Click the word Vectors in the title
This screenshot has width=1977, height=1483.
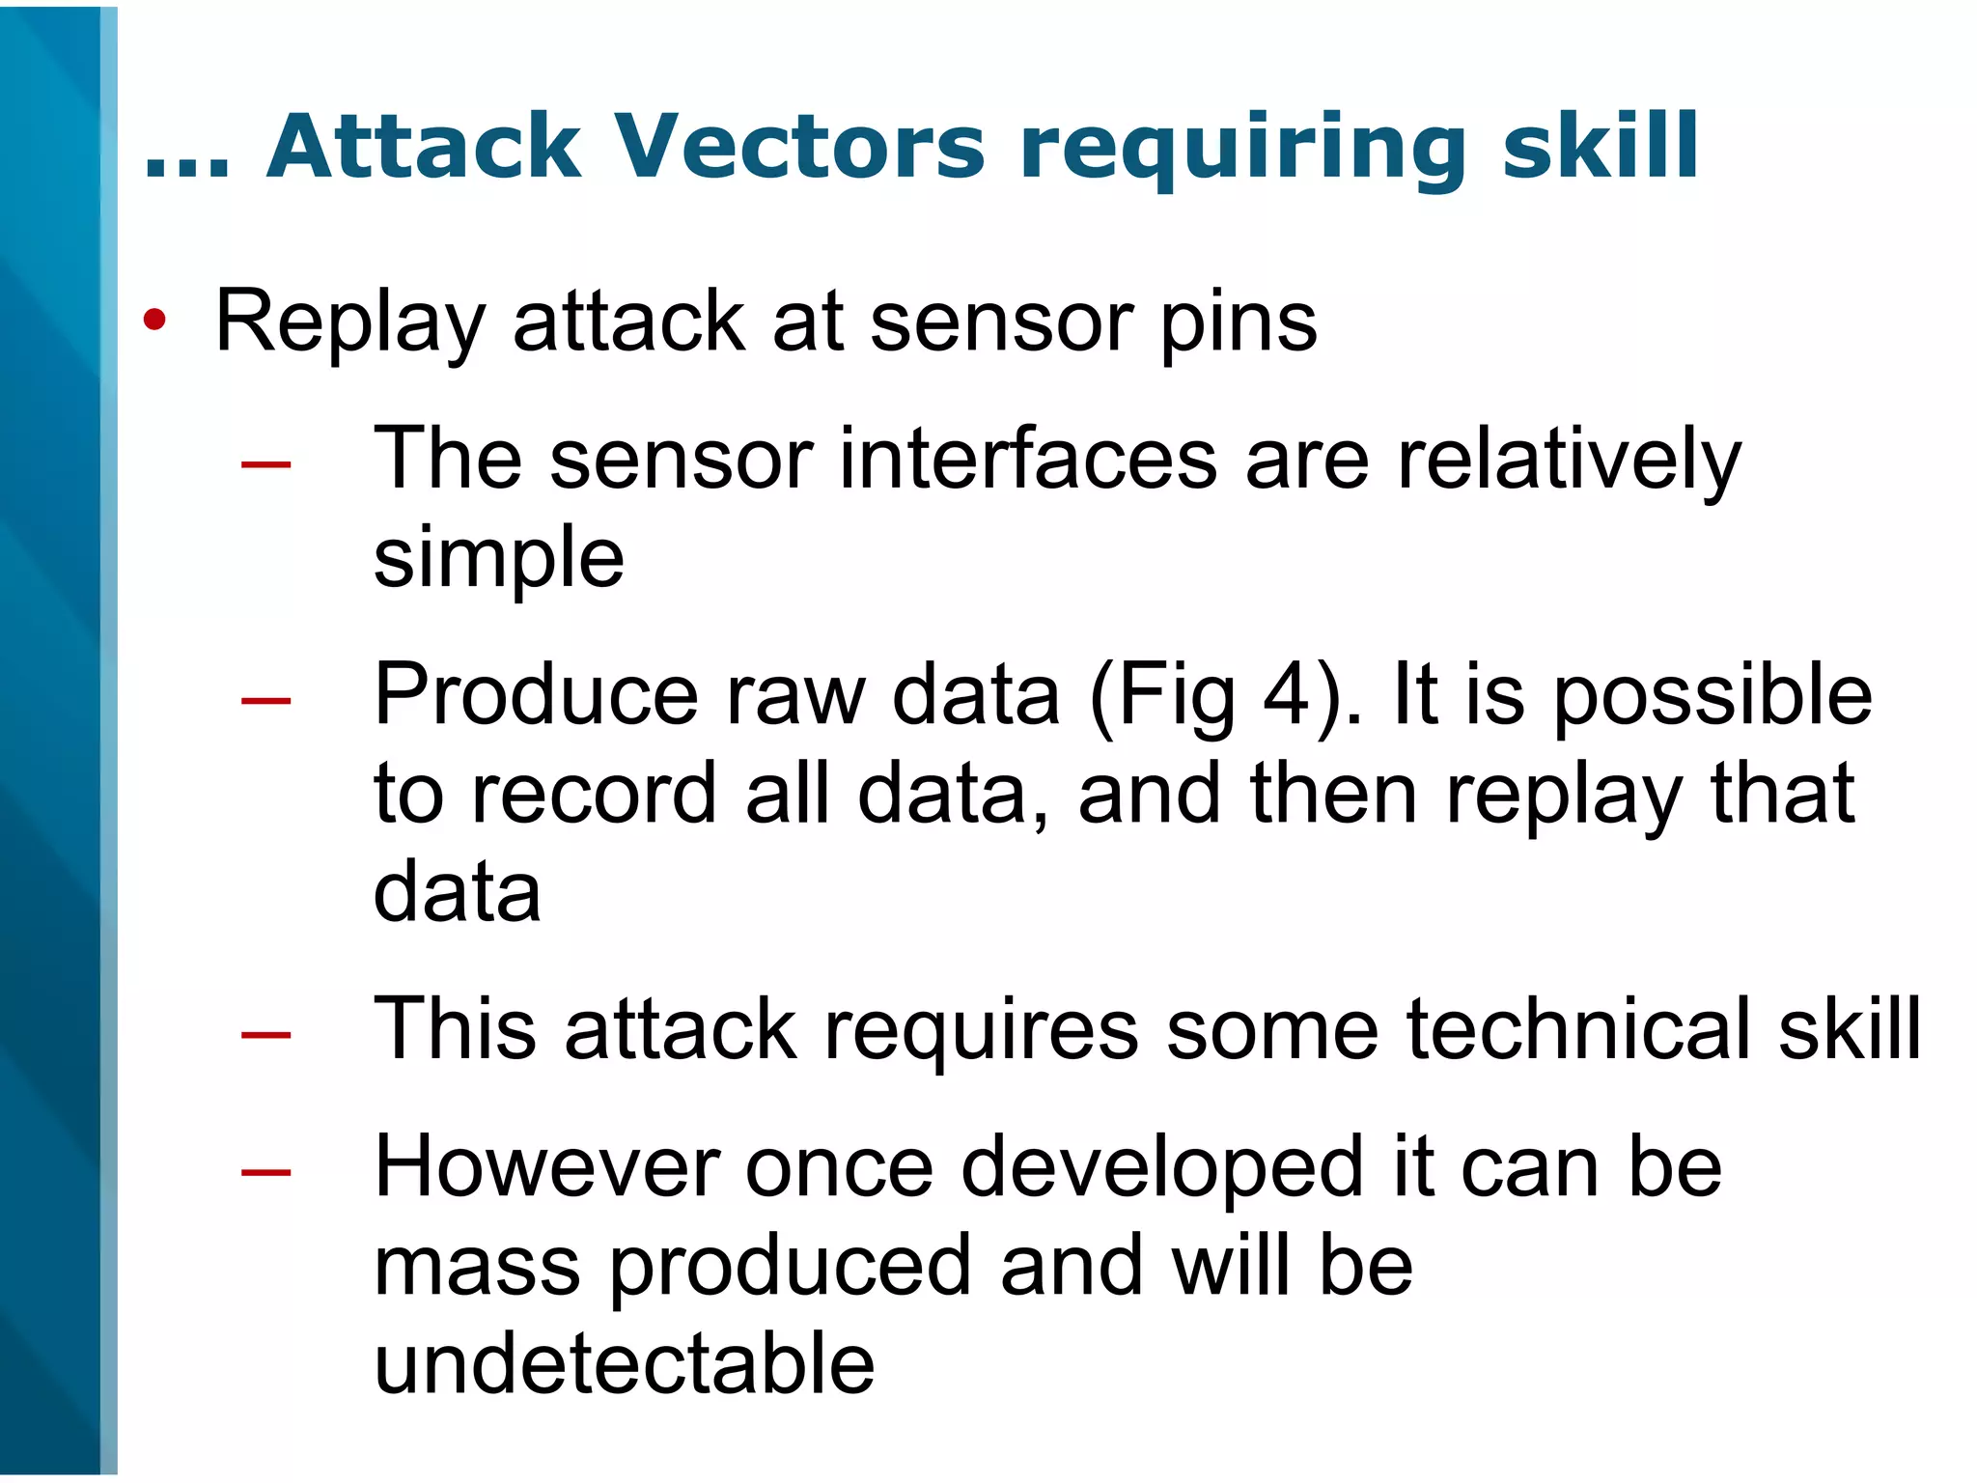pyautogui.click(x=799, y=147)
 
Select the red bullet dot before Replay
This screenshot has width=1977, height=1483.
pyautogui.click(x=154, y=320)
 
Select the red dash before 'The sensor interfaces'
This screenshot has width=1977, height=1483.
pyautogui.click(x=266, y=465)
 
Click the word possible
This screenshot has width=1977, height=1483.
pyautogui.click(x=1713, y=694)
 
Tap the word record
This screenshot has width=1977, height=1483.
pyautogui.click(x=594, y=794)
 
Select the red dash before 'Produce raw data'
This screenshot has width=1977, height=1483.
pyautogui.click(x=266, y=700)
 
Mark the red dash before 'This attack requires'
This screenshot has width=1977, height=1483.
pyautogui.click(x=266, y=1035)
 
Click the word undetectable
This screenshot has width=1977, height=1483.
pyautogui.click(x=624, y=1363)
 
